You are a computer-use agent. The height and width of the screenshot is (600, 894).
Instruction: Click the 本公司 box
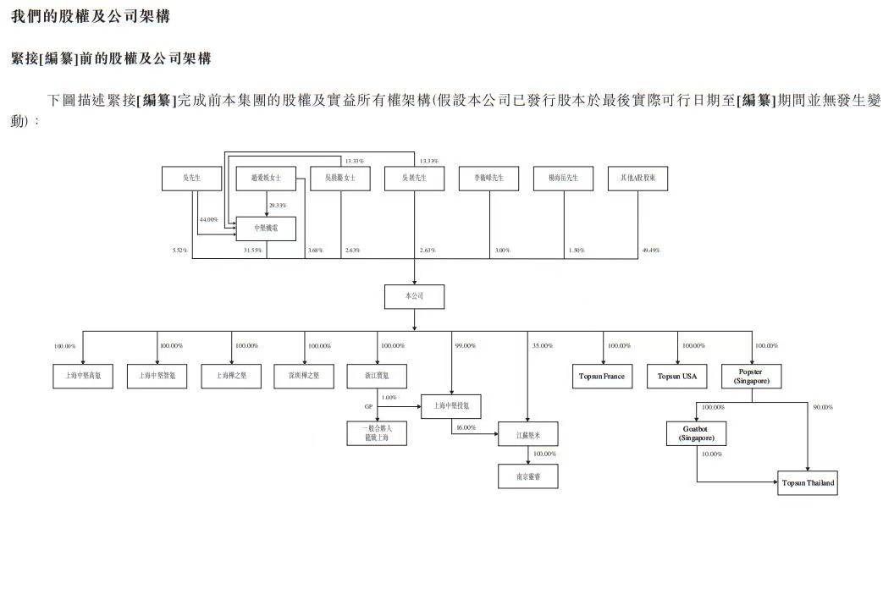[x=414, y=296]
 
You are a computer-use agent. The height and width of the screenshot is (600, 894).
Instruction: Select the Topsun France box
[x=601, y=376]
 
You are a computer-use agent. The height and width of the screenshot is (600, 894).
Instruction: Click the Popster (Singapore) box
[x=751, y=376]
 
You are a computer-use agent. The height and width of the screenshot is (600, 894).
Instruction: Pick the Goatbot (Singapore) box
[x=696, y=434]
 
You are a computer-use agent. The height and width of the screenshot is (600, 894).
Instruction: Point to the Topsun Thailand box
[x=808, y=483]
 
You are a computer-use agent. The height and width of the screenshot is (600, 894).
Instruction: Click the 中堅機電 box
[x=266, y=228]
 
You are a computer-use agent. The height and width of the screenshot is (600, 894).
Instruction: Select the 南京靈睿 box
[x=527, y=477]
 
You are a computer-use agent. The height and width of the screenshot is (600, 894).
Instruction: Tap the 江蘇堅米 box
[x=527, y=434]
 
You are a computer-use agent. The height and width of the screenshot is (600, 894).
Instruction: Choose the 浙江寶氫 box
[x=378, y=376]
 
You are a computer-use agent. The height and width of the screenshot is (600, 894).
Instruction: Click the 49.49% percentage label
[x=650, y=250]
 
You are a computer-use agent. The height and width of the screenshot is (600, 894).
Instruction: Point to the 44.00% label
[x=208, y=220]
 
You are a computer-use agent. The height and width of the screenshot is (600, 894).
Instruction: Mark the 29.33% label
[x=277, y=205]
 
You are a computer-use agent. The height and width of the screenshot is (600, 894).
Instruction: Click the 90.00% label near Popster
[x=822, y=407]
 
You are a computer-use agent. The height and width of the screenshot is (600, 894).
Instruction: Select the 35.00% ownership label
[x=542, y=346]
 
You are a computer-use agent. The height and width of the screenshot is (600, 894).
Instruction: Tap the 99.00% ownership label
[x=466, y=346]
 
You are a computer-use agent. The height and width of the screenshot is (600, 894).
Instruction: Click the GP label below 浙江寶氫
[x=368, y=407]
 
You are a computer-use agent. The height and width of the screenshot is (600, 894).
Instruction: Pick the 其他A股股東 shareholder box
[x=638, y=179]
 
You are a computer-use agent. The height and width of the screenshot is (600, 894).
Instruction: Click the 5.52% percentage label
[x=179, y=250]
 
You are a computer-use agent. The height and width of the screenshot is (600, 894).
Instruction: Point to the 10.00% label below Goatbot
[x=712, y=454]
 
